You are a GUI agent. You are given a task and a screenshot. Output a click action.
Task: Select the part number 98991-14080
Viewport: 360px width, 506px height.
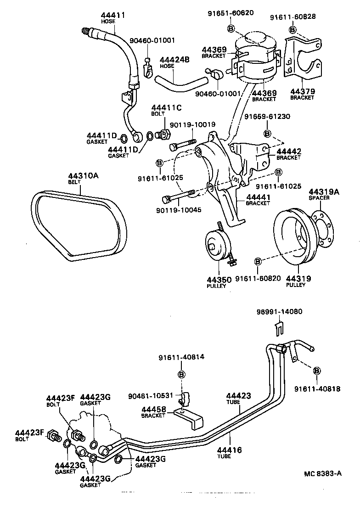(x=279, y=311)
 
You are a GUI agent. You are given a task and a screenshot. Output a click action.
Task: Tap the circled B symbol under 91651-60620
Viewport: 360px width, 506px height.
(x=231, y=29)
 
